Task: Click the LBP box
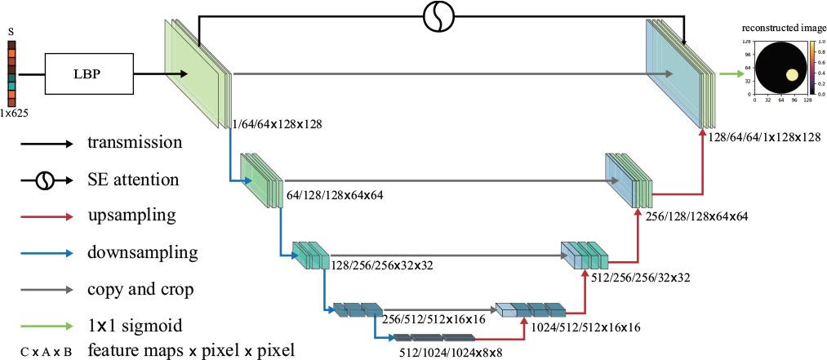(80, 76)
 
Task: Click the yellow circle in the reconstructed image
(791, 76)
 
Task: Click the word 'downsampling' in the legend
(130, 253)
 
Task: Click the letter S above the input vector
(11, 31)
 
